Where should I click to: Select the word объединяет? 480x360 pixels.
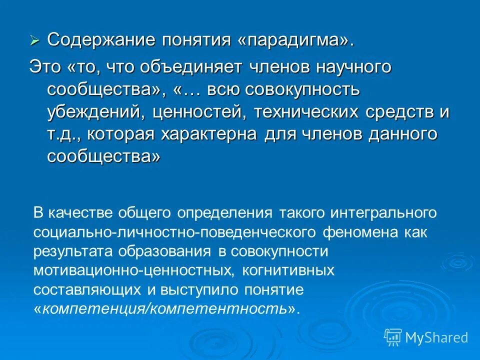click(x=205, y=67)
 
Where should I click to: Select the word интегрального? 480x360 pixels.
click(x=383, y=213)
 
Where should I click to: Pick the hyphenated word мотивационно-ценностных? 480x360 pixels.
click(x=133, y=271)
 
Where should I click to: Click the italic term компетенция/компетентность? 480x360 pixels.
click(x=165, y=309)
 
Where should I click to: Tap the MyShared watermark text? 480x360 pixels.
click(x=436, y=337)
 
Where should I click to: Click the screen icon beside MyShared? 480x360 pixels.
click(x=392, y=337)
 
